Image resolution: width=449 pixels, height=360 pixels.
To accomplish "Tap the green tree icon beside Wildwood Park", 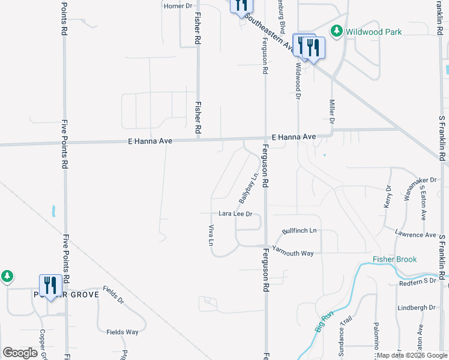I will (337, 31).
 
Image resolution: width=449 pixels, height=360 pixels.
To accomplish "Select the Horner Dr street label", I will (178, 6).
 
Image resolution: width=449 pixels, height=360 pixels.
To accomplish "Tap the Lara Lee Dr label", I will (235, 214).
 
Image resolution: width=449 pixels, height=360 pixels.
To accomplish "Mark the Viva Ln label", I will (211, 235).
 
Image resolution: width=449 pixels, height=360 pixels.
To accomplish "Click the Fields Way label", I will (122, 332).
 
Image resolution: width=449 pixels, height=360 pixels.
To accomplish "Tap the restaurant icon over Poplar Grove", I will (49, 286).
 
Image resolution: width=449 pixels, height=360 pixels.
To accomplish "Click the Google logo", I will (20, 353).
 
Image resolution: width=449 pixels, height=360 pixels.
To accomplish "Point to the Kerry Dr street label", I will (387, 197).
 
